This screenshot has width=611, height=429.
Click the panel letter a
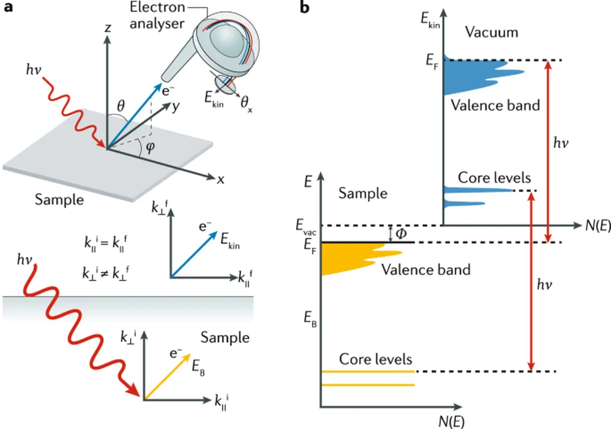8,9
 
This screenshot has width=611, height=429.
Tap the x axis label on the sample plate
220,180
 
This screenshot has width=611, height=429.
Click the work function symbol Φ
401,233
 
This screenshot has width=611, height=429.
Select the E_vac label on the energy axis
304,226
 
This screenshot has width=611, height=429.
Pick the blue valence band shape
471,75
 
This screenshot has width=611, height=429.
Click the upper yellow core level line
368,371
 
